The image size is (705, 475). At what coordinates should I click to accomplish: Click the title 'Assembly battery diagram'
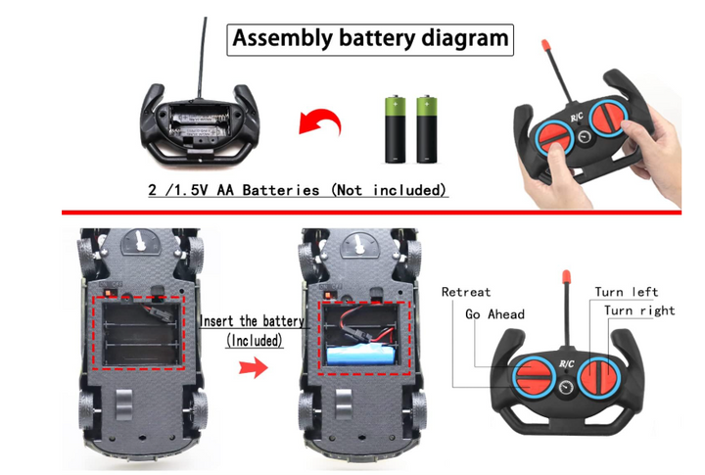point(370,38)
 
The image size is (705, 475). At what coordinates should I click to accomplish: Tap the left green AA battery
point(396,129)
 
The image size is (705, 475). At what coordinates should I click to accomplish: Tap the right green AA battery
point(427,129)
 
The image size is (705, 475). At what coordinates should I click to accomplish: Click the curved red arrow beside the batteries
point(320,121)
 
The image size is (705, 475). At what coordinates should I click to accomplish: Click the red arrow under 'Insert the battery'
point(254,367)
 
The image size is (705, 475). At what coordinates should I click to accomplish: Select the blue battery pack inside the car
point(362,356)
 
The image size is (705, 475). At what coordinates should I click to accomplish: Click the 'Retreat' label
point(466,293)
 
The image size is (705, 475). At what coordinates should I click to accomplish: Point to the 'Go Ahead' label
point(494,314)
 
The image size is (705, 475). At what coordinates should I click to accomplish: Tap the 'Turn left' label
point(627,292)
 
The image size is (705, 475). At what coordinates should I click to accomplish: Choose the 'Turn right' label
point(639,310)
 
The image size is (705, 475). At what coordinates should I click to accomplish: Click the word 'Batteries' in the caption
point(281,190)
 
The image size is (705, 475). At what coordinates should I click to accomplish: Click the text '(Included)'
point(255,341)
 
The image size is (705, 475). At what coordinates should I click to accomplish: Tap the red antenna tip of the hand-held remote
point(546,45)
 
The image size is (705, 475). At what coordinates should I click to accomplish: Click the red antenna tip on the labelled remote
point(567,275)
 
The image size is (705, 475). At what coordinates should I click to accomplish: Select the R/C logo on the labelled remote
point(567,364)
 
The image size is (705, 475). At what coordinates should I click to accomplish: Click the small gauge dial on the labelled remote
point(566,387)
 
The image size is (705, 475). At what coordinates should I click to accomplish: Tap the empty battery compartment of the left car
point(143,333)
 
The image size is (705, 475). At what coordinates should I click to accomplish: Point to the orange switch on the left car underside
point(110,293)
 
